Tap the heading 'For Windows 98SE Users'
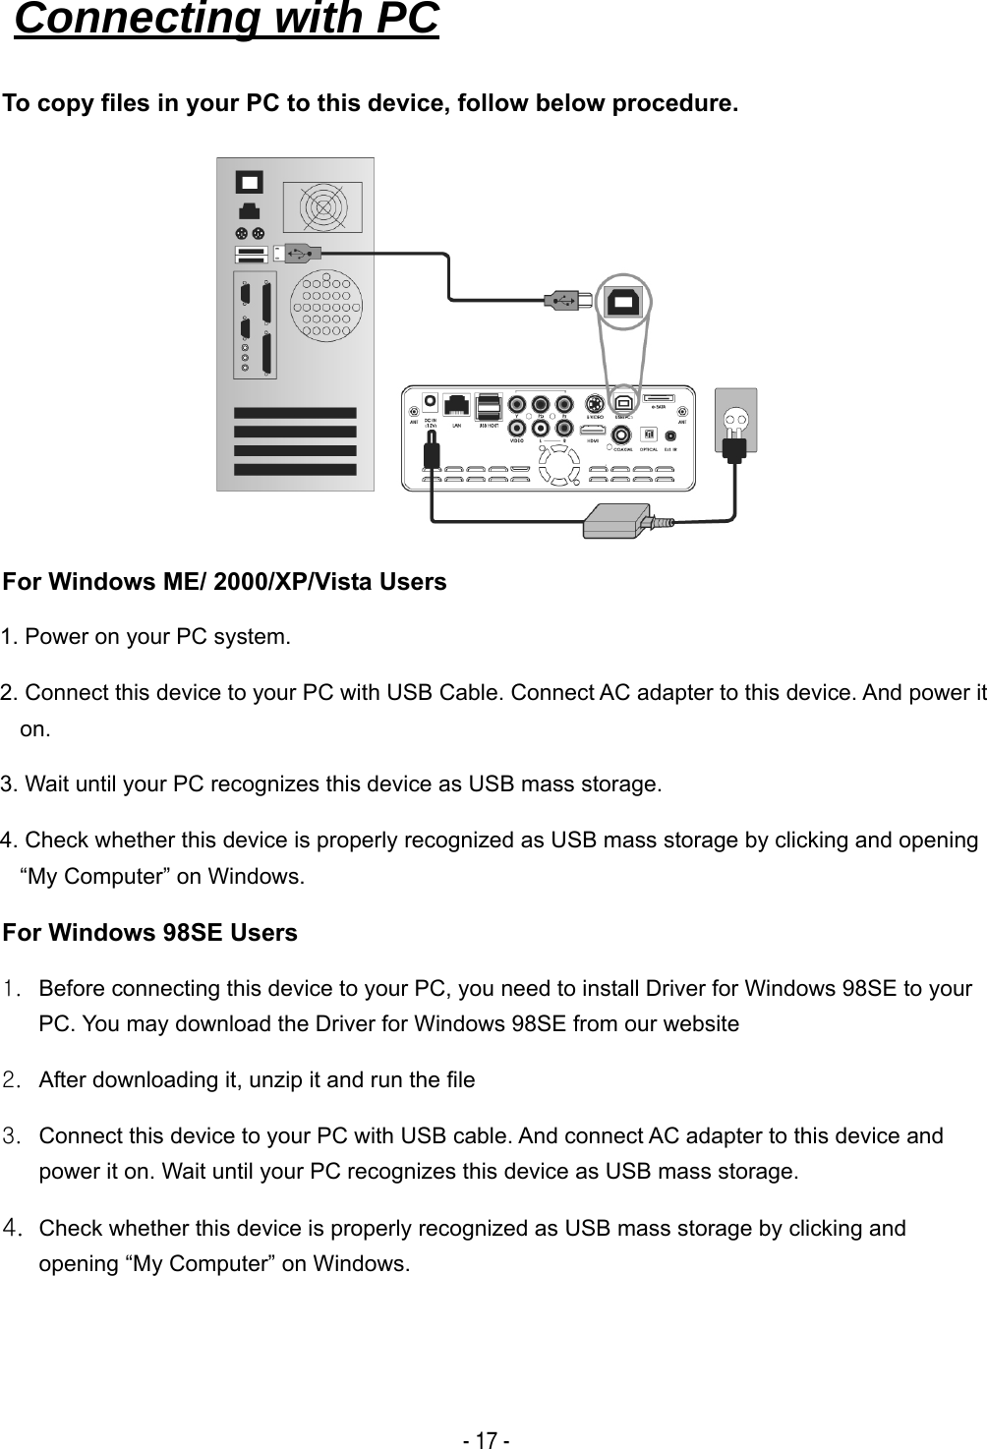150,932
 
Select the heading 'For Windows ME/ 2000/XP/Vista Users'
225,582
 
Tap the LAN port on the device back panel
456,406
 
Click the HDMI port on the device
593,430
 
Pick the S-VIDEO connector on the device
594,403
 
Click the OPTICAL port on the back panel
648,435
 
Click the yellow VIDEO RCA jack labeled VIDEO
517,428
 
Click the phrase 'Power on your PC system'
157,637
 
